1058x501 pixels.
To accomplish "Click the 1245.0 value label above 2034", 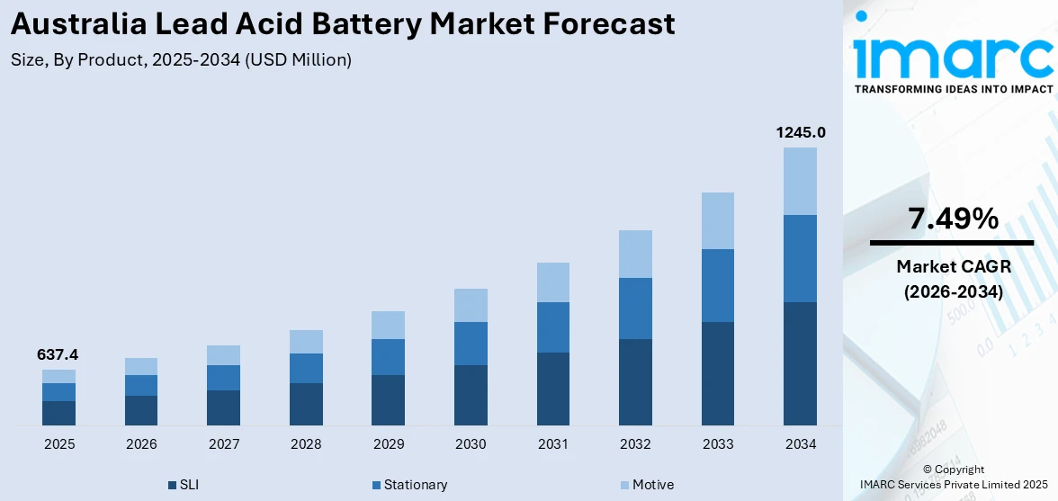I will click(801, 133).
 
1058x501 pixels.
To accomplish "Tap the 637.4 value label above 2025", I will click(58, 355).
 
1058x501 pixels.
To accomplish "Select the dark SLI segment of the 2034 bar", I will click(801, 363).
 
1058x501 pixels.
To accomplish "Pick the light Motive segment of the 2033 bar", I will click(718, 220).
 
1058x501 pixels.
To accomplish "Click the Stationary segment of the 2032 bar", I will click(635, 309).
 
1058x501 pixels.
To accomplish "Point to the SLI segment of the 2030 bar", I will click(471, 395).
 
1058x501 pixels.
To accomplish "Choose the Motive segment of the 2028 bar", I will click(306, 342).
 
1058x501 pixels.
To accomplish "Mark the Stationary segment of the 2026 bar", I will click(141, 385).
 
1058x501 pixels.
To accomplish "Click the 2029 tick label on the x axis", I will click(389, 444).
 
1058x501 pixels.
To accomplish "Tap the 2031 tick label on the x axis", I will click(553, 444).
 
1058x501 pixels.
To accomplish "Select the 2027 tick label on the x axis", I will click(224, 444).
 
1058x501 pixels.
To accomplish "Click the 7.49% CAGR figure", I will click(952, 219).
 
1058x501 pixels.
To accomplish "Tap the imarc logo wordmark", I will click(953, 56).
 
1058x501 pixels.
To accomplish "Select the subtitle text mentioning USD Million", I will click(181, 60).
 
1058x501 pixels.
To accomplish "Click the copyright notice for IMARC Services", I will click(954, 477).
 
